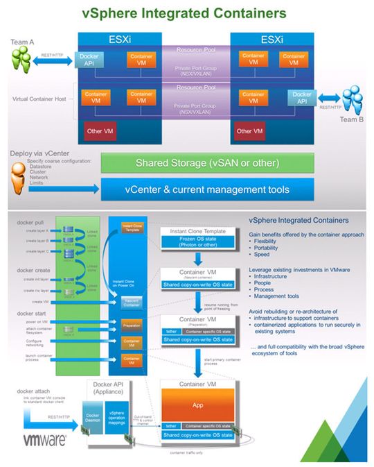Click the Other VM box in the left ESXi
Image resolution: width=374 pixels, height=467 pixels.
(x=96, y=130)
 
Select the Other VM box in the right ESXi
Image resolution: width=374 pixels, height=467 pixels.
(x=249, y=130)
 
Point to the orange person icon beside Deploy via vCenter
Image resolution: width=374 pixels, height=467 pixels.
(x=15, y=174)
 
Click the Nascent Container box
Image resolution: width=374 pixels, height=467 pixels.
(x=132, y=302)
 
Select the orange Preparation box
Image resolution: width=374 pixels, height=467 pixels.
(x=132, y=323)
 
